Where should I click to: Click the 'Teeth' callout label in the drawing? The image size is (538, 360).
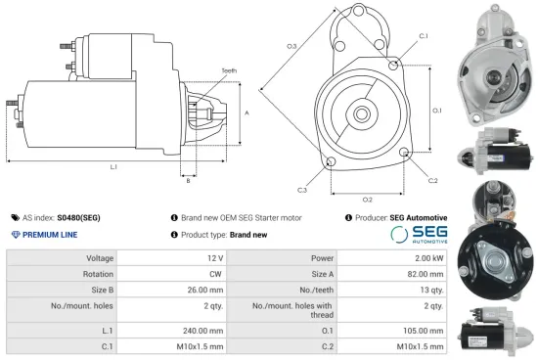pos(229,71)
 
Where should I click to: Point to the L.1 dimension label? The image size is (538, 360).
pos(113,167)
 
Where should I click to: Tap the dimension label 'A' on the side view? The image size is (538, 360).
pos(247,113)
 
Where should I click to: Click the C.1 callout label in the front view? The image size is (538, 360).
pos(423,36)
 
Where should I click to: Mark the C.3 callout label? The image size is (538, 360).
pos(302,189)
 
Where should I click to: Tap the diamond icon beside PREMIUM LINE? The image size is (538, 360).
pos(14,236)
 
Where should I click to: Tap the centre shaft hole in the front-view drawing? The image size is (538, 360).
pos(361,114)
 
